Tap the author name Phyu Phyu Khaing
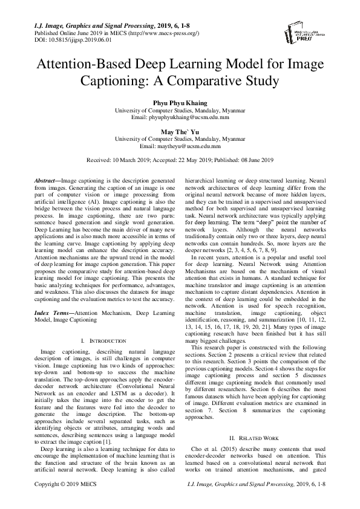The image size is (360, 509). pyautogui.click(x=180, y=104)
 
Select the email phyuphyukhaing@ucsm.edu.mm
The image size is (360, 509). pyautogui.click(x=180, y=118)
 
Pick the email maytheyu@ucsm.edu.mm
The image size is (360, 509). pyautogui.click(x=180, y=146)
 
